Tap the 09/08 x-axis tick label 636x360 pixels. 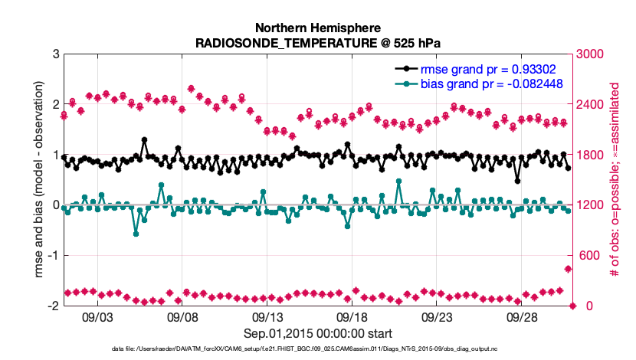(x=182, y=317)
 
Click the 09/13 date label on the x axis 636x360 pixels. (x=267, y=317)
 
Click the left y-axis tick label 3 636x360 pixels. (x=55, y=54)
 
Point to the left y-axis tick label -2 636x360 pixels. (x=53, y=306)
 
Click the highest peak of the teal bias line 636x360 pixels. (x=398, y=182)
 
